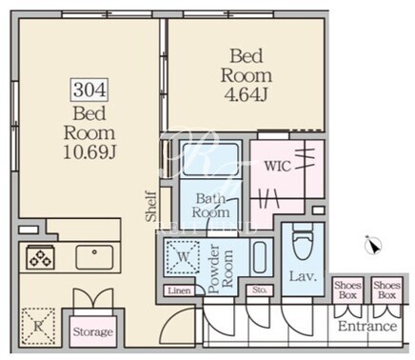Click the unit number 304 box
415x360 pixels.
[89, 90]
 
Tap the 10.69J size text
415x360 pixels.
[89, 153]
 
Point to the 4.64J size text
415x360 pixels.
[247, 94]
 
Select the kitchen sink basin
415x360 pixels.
[94, 257]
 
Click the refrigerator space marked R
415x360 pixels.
[38, 327]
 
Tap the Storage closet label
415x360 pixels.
[93, 332]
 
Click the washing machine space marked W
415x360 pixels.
[183, 257]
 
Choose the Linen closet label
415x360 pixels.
[180, 290]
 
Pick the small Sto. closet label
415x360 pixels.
[259, 290]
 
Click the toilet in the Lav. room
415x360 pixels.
[304, 241]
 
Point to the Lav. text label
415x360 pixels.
[303, 276]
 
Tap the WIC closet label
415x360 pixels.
[278, 166]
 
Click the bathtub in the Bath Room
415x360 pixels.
[210, 159]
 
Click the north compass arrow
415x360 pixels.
[374, 246]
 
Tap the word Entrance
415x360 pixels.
[367, 327]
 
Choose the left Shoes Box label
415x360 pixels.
[347, 290]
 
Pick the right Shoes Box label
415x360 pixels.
[387, 290]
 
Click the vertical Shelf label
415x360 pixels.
[151, 206]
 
